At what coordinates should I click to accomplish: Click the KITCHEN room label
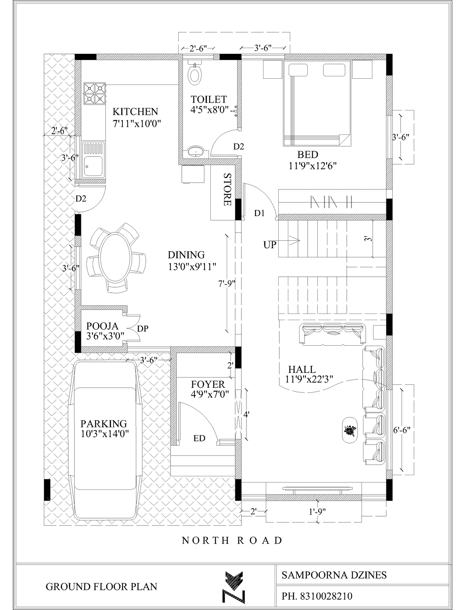(x=135, y=112)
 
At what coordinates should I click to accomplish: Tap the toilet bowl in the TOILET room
(x=195, y=73)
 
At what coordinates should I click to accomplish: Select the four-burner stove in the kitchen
(x=95, y=93)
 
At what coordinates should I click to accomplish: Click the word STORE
(x=227, y=190)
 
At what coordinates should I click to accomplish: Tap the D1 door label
(x=260, y=213)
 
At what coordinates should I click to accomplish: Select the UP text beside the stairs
(x=270, y=245)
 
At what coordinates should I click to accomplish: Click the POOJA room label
(x=102, y=326)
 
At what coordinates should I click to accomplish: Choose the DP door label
(x=143, y=329)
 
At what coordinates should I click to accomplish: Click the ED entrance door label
(x=199, y=438)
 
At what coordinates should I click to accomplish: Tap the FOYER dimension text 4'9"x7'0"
(x=210, y=394)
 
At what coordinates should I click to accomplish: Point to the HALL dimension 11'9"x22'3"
(x=309, y=379)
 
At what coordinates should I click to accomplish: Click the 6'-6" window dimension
(x=402, y=430)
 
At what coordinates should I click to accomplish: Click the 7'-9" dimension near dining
(x=227, y=284)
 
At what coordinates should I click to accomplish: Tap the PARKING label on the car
(x=103, y=424)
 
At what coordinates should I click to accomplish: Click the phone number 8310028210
(x=326, y=596)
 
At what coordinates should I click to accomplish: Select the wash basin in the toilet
(x=197, y=152)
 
